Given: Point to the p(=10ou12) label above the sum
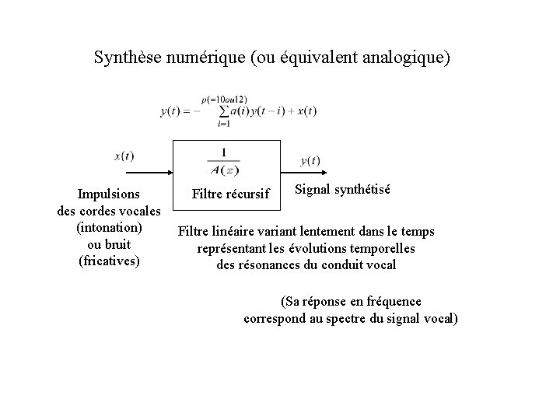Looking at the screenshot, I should (x=224, y=100).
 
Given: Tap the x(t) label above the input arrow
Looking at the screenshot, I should (x=124, y=156).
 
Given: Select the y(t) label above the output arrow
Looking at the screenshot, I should (x=310, y=160).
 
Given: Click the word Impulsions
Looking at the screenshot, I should (x=109, y=193).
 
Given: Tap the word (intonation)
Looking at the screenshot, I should (x=109, y=227).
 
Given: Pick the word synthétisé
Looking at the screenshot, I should (x=362, y=190).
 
